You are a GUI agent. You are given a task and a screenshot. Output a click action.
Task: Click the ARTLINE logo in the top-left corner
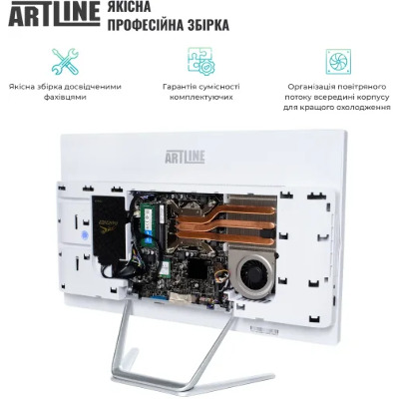(x=54, y=14)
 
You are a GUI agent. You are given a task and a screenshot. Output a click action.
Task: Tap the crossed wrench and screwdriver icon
(x=65, y=61)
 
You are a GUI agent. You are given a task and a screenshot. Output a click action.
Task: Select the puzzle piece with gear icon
(x=200, y=61)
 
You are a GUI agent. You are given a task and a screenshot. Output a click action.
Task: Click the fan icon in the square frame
(x=338, y=61)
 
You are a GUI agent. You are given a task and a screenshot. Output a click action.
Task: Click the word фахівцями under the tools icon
(x=65, y=98)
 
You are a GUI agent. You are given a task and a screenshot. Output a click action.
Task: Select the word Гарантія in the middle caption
(x=181, y=87)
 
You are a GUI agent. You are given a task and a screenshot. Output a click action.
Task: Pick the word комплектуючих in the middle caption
(x=200, y=98)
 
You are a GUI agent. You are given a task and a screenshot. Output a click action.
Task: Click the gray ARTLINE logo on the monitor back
(x=185, y=157)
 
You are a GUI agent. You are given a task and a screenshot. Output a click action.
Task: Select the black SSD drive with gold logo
(x=109, y=226)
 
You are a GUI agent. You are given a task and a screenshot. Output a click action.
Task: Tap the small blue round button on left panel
(x=85, y=235)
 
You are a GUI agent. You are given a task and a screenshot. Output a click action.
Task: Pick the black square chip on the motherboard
(x=198, y=268)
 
